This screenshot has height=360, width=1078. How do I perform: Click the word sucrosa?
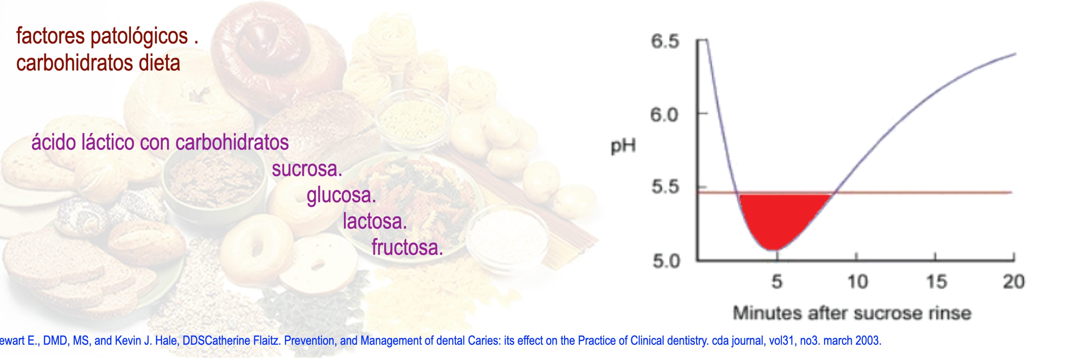(307, 169)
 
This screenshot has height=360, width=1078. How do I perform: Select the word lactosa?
(375, 221)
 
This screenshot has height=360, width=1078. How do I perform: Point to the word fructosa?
(407, 247)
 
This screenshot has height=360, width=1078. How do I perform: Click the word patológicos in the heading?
(139, 36)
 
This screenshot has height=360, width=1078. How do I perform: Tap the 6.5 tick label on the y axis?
(665, 41)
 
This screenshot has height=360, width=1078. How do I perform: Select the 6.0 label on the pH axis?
(664, 115)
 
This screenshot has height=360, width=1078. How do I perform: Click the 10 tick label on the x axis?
(857, 282)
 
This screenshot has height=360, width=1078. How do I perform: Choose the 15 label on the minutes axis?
(936, 282)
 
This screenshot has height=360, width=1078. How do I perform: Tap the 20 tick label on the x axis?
(1014, 282)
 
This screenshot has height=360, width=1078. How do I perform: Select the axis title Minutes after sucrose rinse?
(852, 313)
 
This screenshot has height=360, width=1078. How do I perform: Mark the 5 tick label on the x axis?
(777, 282)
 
